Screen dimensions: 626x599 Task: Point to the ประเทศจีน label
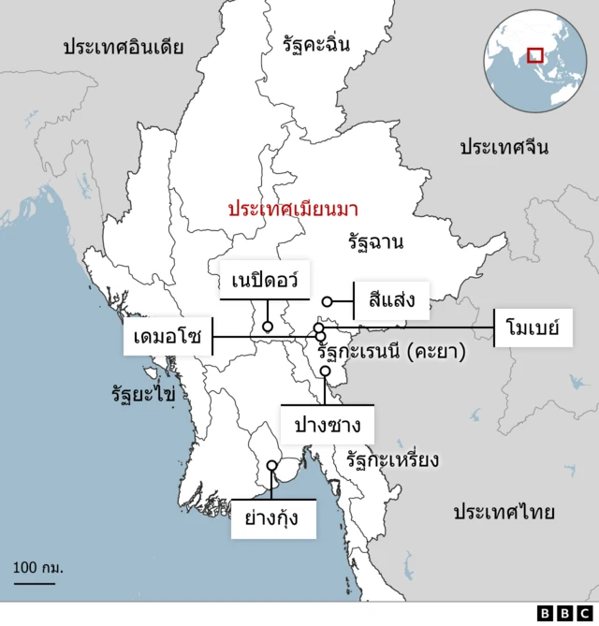point(504,147)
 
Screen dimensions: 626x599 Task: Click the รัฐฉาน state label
point(375,243)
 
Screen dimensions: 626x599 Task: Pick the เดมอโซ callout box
point(167,337)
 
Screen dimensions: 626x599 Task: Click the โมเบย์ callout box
point(532,328)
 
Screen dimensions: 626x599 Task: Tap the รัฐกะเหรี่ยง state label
point(392,459)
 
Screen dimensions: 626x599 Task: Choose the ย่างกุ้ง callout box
point(272,517)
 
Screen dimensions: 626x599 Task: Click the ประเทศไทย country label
point(504,512)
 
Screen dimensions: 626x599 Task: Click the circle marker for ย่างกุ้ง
point(271,465)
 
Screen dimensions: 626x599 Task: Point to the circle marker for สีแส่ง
point(328,301)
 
